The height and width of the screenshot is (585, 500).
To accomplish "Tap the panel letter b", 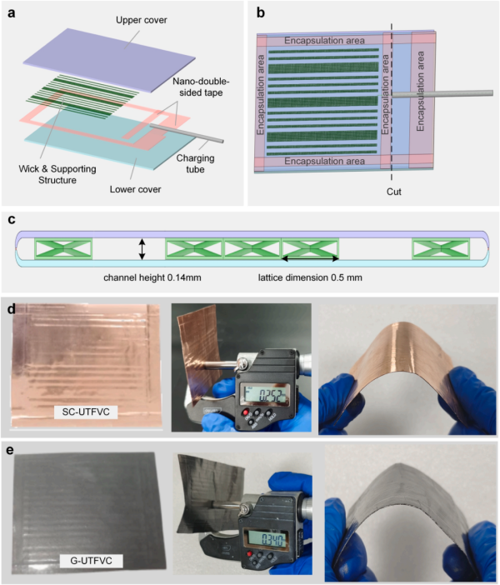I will click(261, 12).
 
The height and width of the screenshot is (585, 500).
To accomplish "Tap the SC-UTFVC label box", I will click(81, 411).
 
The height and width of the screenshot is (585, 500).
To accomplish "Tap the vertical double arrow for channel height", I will click(142, 248).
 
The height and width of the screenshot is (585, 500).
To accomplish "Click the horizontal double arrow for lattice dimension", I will click(311, 258).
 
